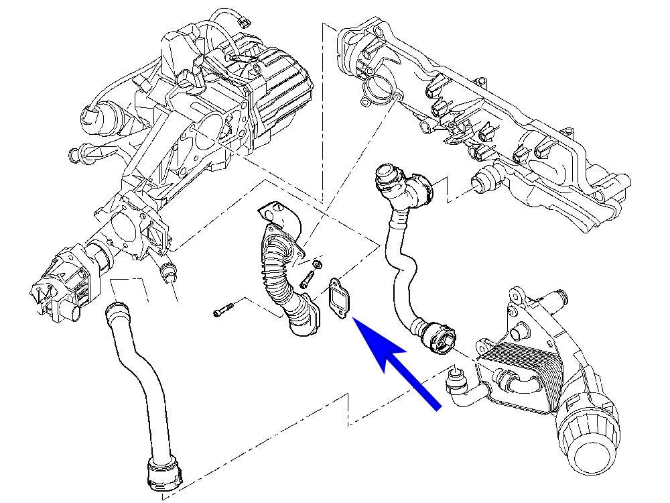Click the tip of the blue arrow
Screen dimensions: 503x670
pyautogui.click(x=354, y=321)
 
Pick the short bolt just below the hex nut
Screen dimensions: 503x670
pyautogui.click(x=308, y=278)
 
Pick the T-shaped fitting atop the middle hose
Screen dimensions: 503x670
pyautogui.click(x=402, y=184)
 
